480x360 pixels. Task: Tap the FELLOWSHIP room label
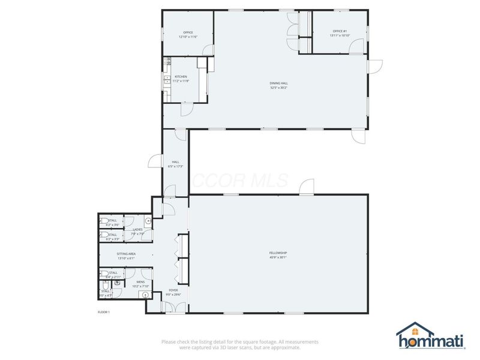click(278, 253)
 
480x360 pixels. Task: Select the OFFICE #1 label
click(340, 31)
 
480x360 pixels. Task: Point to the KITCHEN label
click(181, 77)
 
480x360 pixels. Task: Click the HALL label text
click(176, 162)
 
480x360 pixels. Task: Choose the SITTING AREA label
click(126, 254)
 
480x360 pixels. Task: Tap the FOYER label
click(173, 290)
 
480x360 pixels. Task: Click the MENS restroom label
click(140, 282)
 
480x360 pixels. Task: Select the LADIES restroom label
click(137, 229)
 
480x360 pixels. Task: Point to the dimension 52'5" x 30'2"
click(278, 88)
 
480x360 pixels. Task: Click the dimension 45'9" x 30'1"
click(278, 258)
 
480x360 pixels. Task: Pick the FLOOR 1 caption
click(104, 312)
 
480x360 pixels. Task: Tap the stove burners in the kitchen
click(169, 61)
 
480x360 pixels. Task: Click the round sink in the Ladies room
click(147, 221)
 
